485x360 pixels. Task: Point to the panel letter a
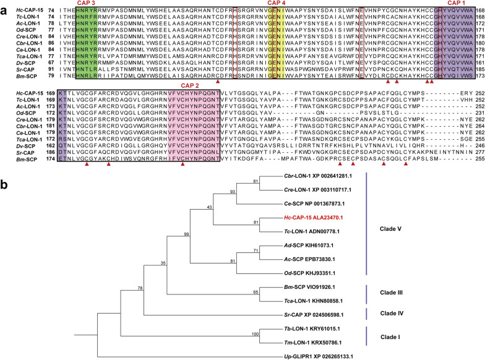[x=4, y=6]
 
